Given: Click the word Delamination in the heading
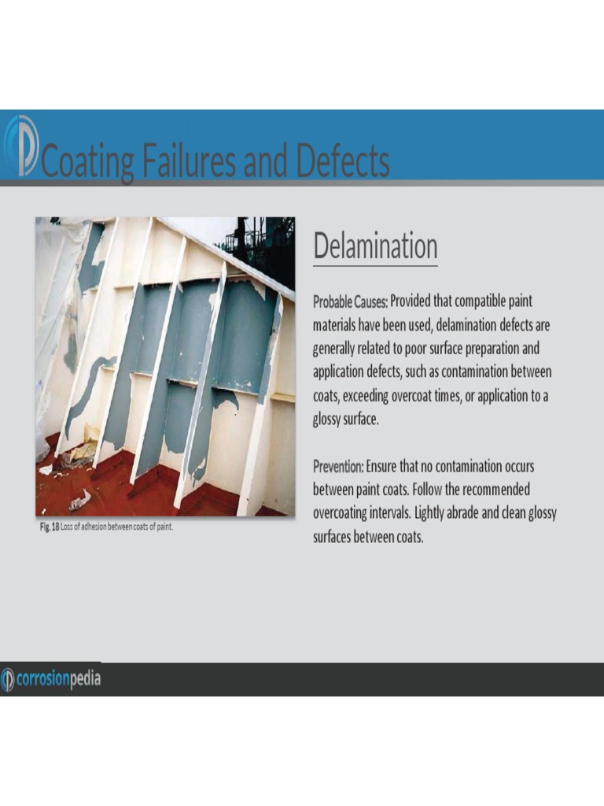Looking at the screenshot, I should click(375, 246).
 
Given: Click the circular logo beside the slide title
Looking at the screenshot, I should click(20, 146).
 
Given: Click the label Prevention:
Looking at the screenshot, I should click(338, 467).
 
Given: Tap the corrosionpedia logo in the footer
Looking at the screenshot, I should click(52, 678).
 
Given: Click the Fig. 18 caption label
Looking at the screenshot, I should click(49, 527).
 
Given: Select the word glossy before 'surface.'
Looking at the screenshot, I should click(330, 420).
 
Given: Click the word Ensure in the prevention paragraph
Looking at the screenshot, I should click(382, 467).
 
